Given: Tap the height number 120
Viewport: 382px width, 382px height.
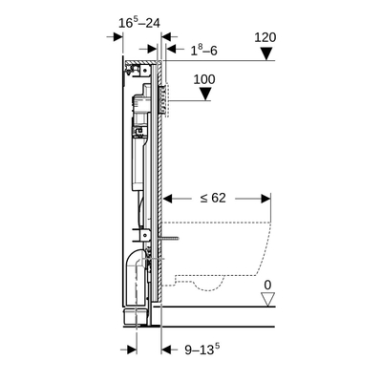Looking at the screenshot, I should pos(266,38).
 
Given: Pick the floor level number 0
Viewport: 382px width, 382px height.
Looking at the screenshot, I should pos(268,286).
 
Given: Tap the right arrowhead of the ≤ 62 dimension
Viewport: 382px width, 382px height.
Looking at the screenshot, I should pos(265,200).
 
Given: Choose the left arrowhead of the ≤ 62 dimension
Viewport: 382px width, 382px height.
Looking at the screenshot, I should pos(171,200).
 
